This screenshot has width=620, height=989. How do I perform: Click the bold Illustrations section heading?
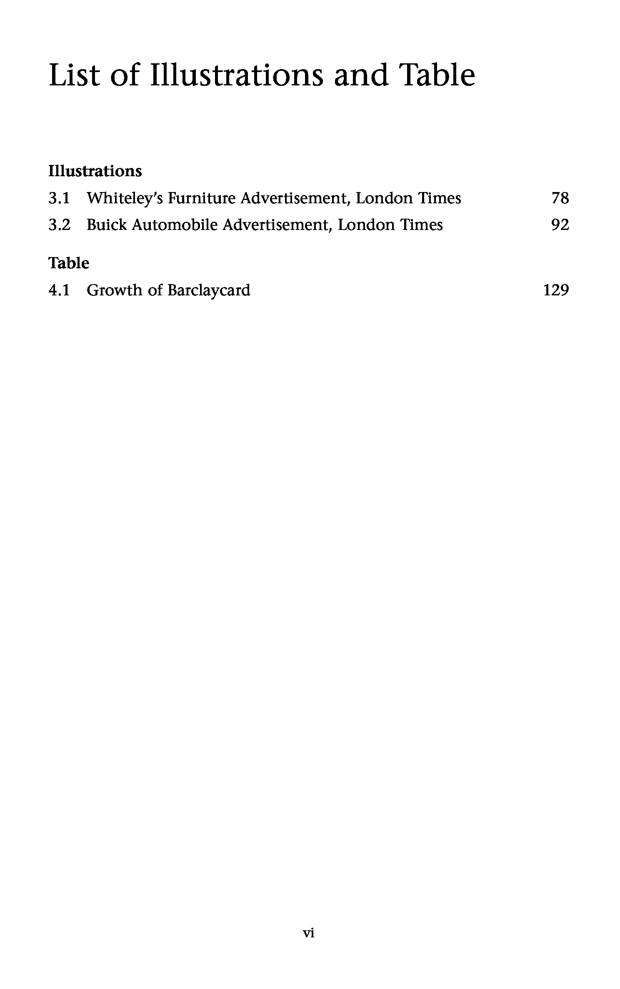coord(95,171)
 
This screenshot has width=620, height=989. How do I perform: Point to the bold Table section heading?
coord(69,263)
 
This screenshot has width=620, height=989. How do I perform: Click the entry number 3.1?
coord(59,198)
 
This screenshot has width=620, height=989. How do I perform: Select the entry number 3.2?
coord(59,225)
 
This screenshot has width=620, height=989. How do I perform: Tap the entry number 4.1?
coord(59,290)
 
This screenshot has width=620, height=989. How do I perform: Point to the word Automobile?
coord(175,225)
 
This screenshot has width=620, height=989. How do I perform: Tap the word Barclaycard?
coord(209,290)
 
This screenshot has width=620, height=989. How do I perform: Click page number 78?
coord(560,198)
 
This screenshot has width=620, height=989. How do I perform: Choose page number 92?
coord(560,225)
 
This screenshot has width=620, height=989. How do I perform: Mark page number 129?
coord(556,290)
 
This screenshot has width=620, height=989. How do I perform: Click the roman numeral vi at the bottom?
coord(308,933)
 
